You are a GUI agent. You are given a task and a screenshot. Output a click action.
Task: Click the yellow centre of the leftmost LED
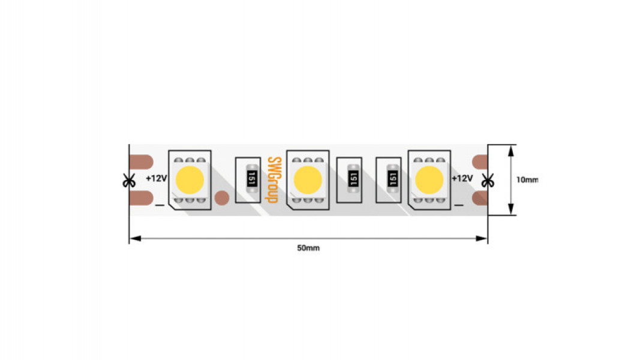click(x=190, y=180)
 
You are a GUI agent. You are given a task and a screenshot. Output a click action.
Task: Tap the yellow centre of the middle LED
click(x=308, y=180)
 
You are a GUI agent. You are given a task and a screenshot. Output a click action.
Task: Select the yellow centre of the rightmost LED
click(x=429, y=180)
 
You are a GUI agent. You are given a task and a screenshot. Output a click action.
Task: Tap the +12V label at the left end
click(x=157, y=178)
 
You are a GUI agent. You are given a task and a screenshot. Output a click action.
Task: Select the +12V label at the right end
click(x=462, y=178)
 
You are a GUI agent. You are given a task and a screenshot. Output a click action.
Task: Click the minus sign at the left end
click(x=160, y=205)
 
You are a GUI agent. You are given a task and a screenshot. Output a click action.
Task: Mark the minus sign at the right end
click(x=459, y=205)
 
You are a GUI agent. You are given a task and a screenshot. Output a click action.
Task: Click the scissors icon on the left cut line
click(x=129, y=181)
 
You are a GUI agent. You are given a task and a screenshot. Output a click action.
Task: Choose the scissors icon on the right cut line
click(x=488, y=181)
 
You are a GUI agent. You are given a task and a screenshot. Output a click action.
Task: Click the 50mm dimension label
click(x=308, y=248)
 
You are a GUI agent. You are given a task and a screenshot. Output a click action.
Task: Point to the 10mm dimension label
click(x=527, y=179)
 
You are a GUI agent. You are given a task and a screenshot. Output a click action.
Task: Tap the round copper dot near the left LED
click(x=222, y=198)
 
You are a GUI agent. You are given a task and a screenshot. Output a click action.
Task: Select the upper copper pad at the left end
click(x=141, y=162)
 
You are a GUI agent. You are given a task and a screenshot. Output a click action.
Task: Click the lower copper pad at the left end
click(x=141, y=199)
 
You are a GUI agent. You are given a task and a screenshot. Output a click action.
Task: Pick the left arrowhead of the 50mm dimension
click(x=136, y=238)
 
